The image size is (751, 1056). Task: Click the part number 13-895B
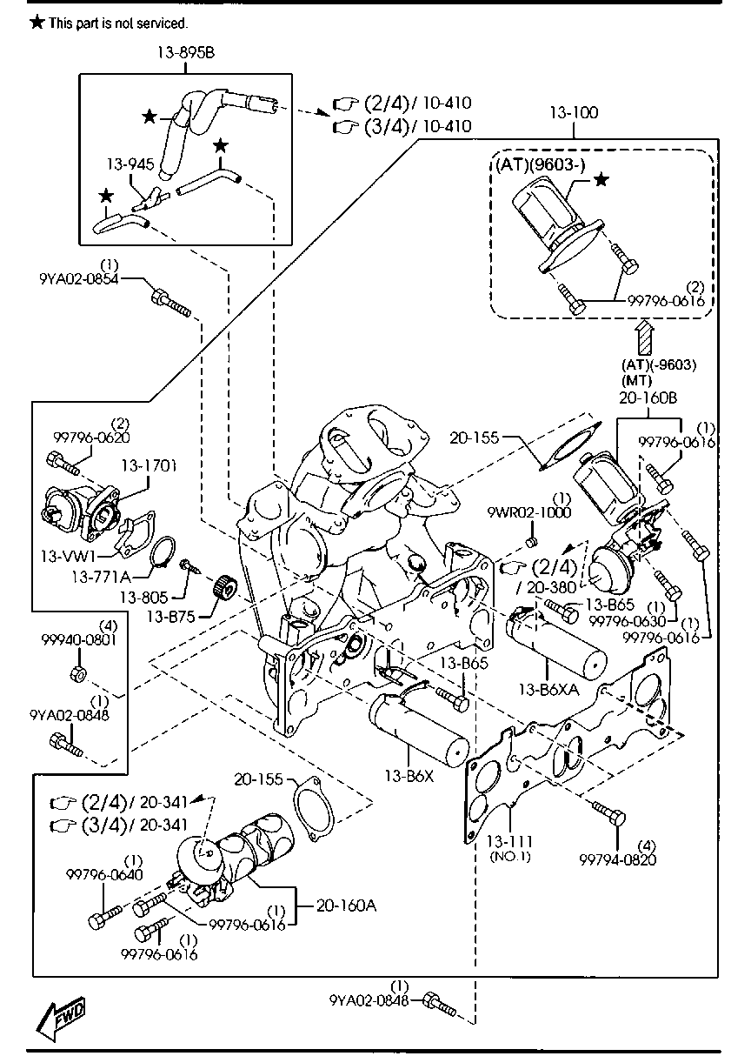[185, 54]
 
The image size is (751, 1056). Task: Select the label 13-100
[575, 114]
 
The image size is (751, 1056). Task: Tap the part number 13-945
[124, 164]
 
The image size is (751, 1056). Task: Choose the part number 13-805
[143, 598]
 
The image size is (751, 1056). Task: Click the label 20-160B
[648, 397]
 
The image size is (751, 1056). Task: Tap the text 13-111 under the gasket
[509, 841]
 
